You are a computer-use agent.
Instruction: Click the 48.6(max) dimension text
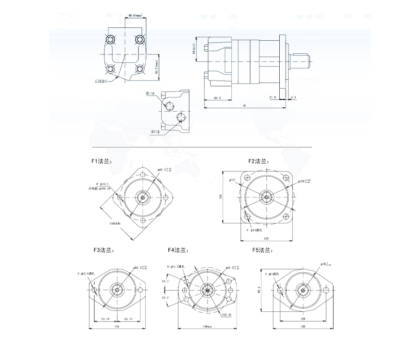(x=135, y=16)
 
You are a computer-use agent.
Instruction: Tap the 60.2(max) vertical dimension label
(x=156, y=67)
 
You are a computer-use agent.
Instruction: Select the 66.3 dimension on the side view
(x=217, y=97)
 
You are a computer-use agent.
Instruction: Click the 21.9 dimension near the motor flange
(x=273, y=97)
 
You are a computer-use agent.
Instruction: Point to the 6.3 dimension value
(x=293, y=97)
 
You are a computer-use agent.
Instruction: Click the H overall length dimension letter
(x=244, y=106)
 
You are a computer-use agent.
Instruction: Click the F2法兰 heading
(x=258, y=161)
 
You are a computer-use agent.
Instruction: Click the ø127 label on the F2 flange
(x=232, y=180)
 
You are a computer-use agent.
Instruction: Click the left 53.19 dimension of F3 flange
(x=106, y=319)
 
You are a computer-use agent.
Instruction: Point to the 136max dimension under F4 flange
(x=206, y=326)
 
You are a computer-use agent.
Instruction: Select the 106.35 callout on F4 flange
(x=227, y=314)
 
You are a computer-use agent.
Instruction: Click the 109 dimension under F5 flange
(x=303, y=319)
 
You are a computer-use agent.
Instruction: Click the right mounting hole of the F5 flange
(x=326, y=290)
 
